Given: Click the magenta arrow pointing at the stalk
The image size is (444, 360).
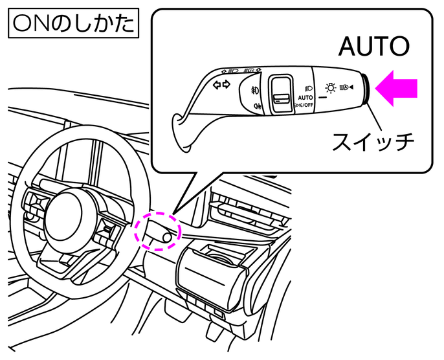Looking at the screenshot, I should click(x=397, y=89).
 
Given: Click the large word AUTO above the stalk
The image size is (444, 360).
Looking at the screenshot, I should click(x=375, y=47).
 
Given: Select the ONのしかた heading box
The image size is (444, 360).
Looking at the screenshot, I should click(x=71, y=24).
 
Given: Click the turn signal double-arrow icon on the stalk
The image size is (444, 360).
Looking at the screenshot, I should click(x=221, y=85).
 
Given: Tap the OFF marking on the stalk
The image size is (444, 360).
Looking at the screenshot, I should click(x=310, y=103).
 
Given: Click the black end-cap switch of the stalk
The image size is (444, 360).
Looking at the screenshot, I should click(x=366, y=90).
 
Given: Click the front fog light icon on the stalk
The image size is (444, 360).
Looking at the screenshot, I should click(x=256, y=89).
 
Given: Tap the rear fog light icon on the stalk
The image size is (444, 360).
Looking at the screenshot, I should click(x=257, y=106).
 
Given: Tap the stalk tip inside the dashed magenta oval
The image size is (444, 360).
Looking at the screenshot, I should click(x=166, y=237).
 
